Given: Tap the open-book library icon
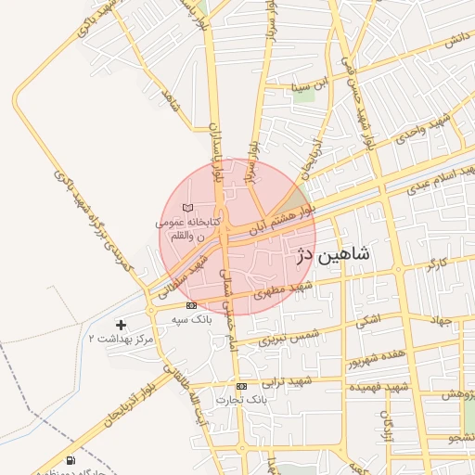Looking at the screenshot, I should coord(188,208).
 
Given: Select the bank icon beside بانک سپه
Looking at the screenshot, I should coord(191,305).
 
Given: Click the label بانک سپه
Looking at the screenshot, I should coord(191,318).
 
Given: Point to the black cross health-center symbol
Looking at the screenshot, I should coord(121,324).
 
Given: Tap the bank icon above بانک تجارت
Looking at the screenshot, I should coord(241,386).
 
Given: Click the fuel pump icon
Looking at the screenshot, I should coord(71,460).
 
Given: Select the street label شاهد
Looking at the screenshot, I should coord(170,99).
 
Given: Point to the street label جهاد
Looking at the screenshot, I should coord(439,320).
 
